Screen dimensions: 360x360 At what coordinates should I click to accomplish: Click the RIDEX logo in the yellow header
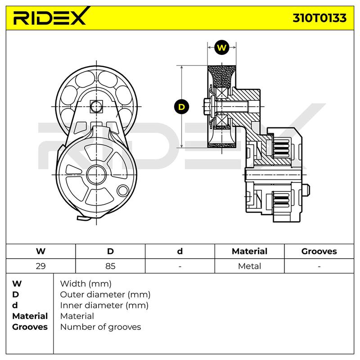[x=51, y=17]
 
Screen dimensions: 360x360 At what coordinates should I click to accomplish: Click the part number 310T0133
[x=319, y=18]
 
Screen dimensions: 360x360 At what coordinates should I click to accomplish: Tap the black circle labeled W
[x=221, y=48]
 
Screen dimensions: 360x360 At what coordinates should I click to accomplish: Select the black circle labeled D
[x=181, y=107]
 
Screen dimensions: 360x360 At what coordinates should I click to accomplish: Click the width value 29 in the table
[x=40, y=266]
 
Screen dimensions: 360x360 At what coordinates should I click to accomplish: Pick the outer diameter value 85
[x=110, y=266]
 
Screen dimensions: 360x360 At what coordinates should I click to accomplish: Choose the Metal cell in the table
[x=250, y=266]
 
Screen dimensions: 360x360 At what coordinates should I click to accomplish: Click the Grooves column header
[x=319, y=251]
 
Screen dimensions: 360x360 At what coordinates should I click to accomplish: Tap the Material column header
[x=250, y=251]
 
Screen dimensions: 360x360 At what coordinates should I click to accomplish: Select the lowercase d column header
[x=180, y=251]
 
